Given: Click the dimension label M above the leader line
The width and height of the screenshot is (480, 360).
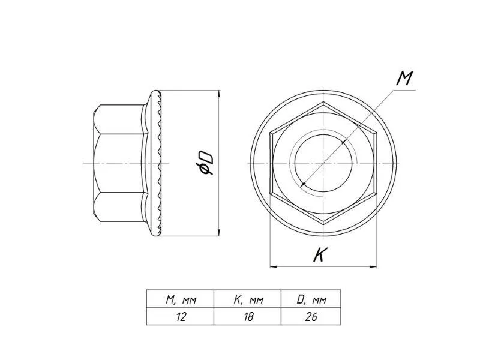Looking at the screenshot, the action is [x=404, y=79].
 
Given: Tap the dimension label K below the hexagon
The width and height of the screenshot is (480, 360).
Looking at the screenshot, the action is [x=320, y=254].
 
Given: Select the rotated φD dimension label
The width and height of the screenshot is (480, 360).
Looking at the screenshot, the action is [x=205, y=164].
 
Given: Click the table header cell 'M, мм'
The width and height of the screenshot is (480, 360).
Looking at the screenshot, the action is [x=181, y=299].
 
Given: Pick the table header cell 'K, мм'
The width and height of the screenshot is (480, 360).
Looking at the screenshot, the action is [x=248, y=299].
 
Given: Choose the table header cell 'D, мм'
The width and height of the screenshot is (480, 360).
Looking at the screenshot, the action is [x=311, y=299].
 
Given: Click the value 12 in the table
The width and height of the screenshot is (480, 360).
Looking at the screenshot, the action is [x=181, y=317].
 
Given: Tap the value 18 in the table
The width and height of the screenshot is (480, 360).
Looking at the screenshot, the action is [x=248, y=317].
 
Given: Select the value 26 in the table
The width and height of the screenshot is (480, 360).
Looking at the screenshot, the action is [x=311, y=317].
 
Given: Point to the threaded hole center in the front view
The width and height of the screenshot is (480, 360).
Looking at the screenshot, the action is [x=323, y=163].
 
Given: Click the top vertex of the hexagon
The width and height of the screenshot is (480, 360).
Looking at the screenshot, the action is [x=323, y=101].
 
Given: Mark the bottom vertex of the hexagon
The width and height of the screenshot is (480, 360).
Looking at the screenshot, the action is [x=323, y=224].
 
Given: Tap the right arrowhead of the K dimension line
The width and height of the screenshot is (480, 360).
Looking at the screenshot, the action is [x=373, y=266].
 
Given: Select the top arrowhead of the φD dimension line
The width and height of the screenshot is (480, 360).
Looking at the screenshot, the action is [x=218, y=94].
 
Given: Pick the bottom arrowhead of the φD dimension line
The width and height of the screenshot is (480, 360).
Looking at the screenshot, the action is [x=218, y=232].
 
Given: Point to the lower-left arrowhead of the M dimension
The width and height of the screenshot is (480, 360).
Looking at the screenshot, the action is [x=304, y=184].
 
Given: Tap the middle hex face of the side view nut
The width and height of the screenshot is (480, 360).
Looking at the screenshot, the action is [x=118, y=163].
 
